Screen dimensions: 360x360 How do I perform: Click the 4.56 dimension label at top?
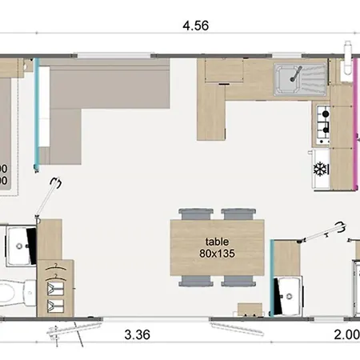tap(195, 25)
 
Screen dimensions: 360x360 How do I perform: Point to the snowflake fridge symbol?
tap(320, 169)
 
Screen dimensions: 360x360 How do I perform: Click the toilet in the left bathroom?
tap(10, 292)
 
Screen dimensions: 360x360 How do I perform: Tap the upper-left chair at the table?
tap(195, 215)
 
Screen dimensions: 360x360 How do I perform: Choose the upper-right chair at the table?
tap(236, 215)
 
